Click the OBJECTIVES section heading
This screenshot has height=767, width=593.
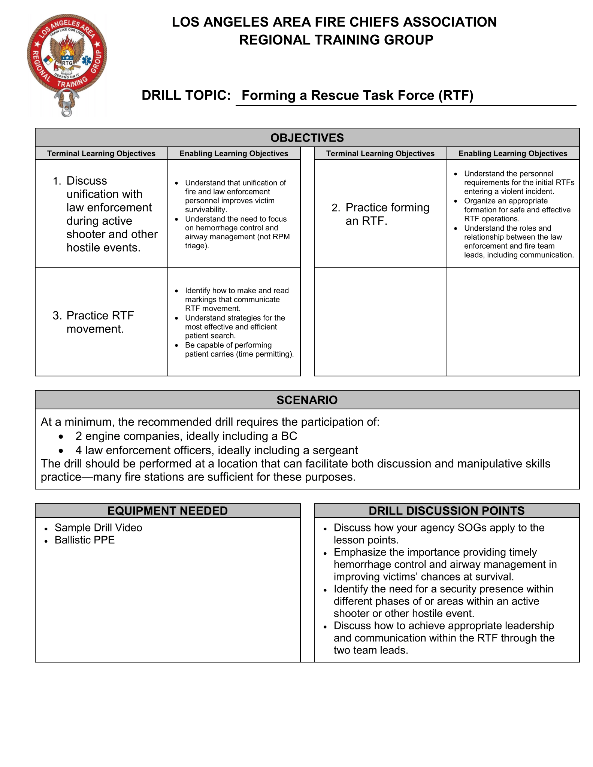coord(307,138)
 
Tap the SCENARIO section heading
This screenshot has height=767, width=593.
coord(307,400)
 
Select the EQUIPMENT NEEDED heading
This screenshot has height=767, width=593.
coord(167,511)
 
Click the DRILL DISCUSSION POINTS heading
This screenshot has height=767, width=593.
coord(447,511)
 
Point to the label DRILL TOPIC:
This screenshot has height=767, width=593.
coord(186,96)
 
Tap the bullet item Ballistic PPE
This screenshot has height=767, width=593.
coord(85,540)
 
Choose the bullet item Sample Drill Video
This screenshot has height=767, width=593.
coord(99,528)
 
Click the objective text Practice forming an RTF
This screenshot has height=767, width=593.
coord(387,214)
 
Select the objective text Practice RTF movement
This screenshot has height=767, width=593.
coord(100,322)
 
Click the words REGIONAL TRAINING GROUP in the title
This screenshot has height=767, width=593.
coord(336,40)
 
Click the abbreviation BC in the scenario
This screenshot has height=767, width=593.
coord(289,436)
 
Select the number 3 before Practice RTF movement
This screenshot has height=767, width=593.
coord(57,316)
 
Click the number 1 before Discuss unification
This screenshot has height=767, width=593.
coord(56,181)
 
